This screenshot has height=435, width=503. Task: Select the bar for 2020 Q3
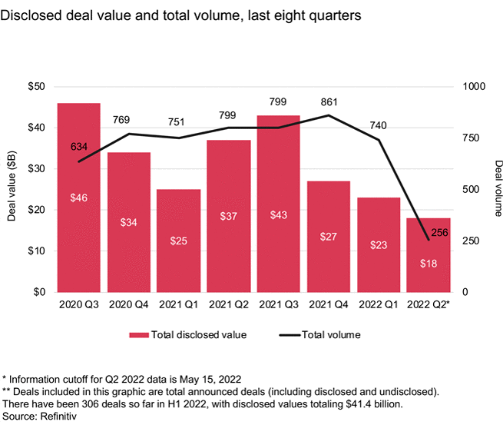point(78,198)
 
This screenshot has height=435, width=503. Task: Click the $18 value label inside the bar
point(429,264)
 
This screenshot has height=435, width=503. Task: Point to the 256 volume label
point(439,232)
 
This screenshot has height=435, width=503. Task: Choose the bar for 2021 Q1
point(179,241)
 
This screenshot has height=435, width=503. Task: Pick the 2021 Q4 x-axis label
point(329,304)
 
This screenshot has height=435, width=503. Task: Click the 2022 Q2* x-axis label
point(429,304)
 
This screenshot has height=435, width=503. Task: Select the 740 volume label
point(379,124)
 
